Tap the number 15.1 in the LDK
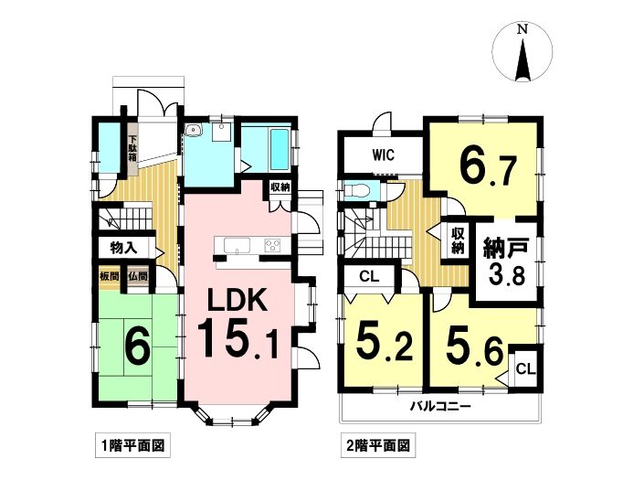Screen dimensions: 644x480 tap(238, 339)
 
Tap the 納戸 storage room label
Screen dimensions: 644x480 tap(505, 247)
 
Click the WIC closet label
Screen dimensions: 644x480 tap(383, 155)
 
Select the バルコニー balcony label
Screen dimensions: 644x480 tap(440, 407)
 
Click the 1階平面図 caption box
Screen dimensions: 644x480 tap(133, 445)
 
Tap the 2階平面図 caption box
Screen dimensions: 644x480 tap(378, 445)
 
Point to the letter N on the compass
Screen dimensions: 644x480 tap(523, 29)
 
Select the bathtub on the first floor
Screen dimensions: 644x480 tap(280, 149)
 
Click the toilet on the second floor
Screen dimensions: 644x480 tap(355, 191)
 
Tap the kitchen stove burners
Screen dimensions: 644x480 tap(272, 245)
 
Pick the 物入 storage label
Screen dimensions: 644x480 tap(123, 248)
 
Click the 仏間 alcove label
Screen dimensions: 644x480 tap(138, 276)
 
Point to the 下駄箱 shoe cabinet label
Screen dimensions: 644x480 tap(132, 148)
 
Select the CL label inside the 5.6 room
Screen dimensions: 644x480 tap(526, 369)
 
